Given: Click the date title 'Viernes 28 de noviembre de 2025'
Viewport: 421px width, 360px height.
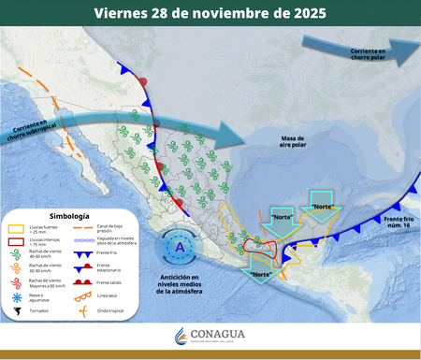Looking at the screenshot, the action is point(210,12).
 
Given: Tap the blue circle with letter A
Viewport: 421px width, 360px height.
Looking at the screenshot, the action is point(180,249).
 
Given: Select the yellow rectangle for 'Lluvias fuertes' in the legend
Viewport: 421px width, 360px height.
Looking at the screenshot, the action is point(16,227).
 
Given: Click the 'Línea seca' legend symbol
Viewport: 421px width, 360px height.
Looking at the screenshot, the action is point(87,295).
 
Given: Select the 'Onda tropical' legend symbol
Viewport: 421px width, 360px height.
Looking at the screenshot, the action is point(87,310).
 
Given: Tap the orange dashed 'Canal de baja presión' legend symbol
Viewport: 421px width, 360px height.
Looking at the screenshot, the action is point(87,227).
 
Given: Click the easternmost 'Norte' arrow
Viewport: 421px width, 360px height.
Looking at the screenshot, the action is point(322,211).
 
